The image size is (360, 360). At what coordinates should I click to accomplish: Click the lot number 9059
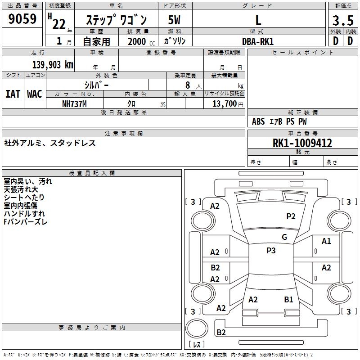click(x=22, y=19)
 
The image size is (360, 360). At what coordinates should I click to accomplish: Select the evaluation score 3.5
click(x=342, y=20)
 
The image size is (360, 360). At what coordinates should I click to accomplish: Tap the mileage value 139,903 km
click(x=53, y=65)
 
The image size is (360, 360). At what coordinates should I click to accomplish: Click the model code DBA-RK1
click(x=258, y=41)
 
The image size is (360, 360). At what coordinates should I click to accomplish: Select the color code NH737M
click(x=74, y=104)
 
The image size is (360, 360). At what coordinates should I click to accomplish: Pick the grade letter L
click(x=258, y=20)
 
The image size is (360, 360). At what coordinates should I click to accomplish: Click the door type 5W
click(x=174, y=20)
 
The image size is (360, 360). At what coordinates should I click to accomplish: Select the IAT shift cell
click(x=13, y=94)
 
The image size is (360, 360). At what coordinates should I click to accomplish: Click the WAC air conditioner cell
click(x=35, y=94)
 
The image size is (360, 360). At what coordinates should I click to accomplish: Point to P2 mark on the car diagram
click(x=291, y=216)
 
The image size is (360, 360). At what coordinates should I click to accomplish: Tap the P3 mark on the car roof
click(x=271, y=251)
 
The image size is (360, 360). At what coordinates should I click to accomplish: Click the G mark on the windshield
click(x=284, y=237)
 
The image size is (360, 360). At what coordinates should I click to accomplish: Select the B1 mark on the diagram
click(x=288, y=299)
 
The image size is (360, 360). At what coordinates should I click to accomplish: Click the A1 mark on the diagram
click(x=326, y=241)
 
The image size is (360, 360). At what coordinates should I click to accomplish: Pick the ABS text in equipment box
click(x=258, y=121)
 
